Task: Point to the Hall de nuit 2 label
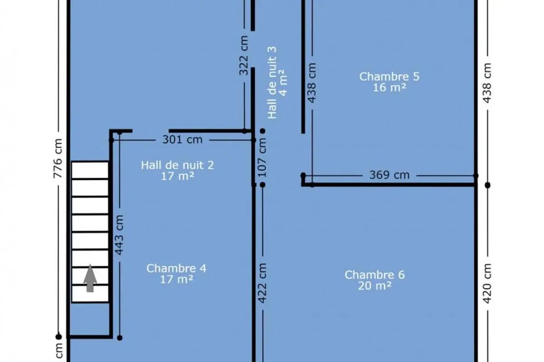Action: tap(177, 165)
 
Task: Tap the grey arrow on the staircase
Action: tap(90, 278)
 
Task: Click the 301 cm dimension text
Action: tap(182, 140)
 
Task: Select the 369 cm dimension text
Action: tap(389, 175)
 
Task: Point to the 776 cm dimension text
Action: tap(58, 158)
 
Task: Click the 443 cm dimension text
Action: tap(119, 235)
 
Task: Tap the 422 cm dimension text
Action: tap(262, 283)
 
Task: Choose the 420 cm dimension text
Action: tap(487, 283)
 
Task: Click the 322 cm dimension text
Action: tap(244, 56)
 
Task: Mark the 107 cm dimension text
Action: tap(262, 157)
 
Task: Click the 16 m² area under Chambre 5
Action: tap(389, 87)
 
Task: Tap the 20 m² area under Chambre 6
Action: tap(375, 286)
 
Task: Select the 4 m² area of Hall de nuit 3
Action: tap(283, 83)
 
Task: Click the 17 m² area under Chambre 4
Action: tap(176, 279)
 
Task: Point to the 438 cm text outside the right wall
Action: tap(487, 83)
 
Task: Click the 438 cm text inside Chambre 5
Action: tap(312, 83)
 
